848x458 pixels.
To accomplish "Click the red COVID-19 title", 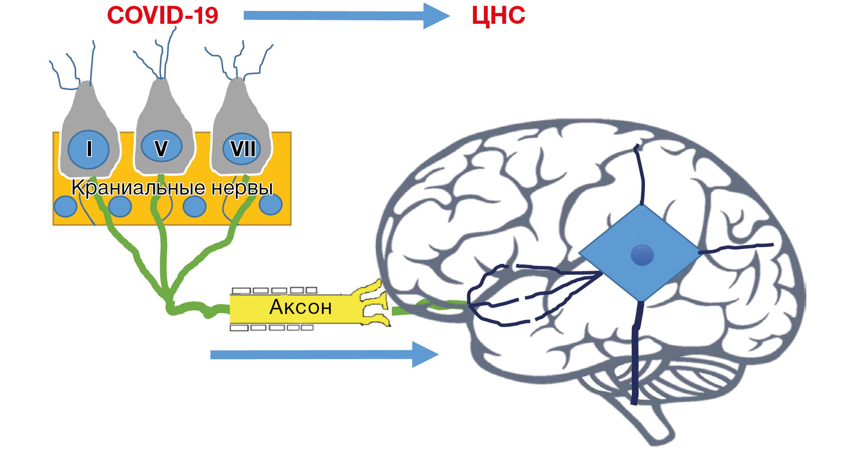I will [162, 15].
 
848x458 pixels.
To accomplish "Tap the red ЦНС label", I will [498, 16].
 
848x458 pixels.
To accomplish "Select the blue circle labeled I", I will [89, 149].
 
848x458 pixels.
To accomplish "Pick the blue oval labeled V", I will [161, 147].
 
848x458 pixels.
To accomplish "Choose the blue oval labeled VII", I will [242, 149].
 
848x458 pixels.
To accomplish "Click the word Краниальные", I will [138, 188].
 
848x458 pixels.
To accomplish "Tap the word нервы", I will [242, 188].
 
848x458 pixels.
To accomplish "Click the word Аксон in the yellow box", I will [301, 307].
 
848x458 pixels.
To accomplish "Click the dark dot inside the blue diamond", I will [642, 255].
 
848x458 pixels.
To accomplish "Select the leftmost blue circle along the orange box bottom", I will [66, 206].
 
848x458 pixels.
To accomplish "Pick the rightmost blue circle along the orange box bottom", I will [271, 204].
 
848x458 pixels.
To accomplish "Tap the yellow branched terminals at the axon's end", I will [374, 303].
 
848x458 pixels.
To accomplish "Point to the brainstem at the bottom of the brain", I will [651, 422].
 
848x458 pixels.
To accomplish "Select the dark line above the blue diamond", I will [641, 175].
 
